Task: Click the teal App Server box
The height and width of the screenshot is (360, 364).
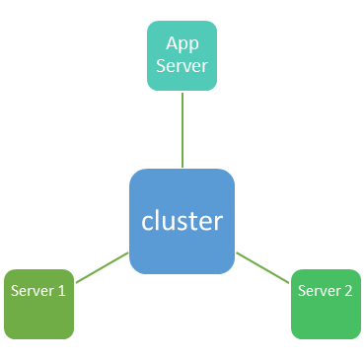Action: click(182, 55)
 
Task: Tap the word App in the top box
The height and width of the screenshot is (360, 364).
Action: click(182, 43)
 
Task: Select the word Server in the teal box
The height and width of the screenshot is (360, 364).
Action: click(182, 66)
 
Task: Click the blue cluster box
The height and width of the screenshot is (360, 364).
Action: click(182, 221)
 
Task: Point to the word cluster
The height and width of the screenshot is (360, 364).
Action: click(182, 221)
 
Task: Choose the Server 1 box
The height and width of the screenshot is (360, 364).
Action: click(37, 303)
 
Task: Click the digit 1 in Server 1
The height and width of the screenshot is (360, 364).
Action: click(61, 291)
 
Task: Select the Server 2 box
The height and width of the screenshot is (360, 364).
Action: click(325, 303)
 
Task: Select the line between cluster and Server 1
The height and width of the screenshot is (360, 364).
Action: click(102, 268)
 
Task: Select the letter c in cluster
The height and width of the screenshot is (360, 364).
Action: click(147, 223)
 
